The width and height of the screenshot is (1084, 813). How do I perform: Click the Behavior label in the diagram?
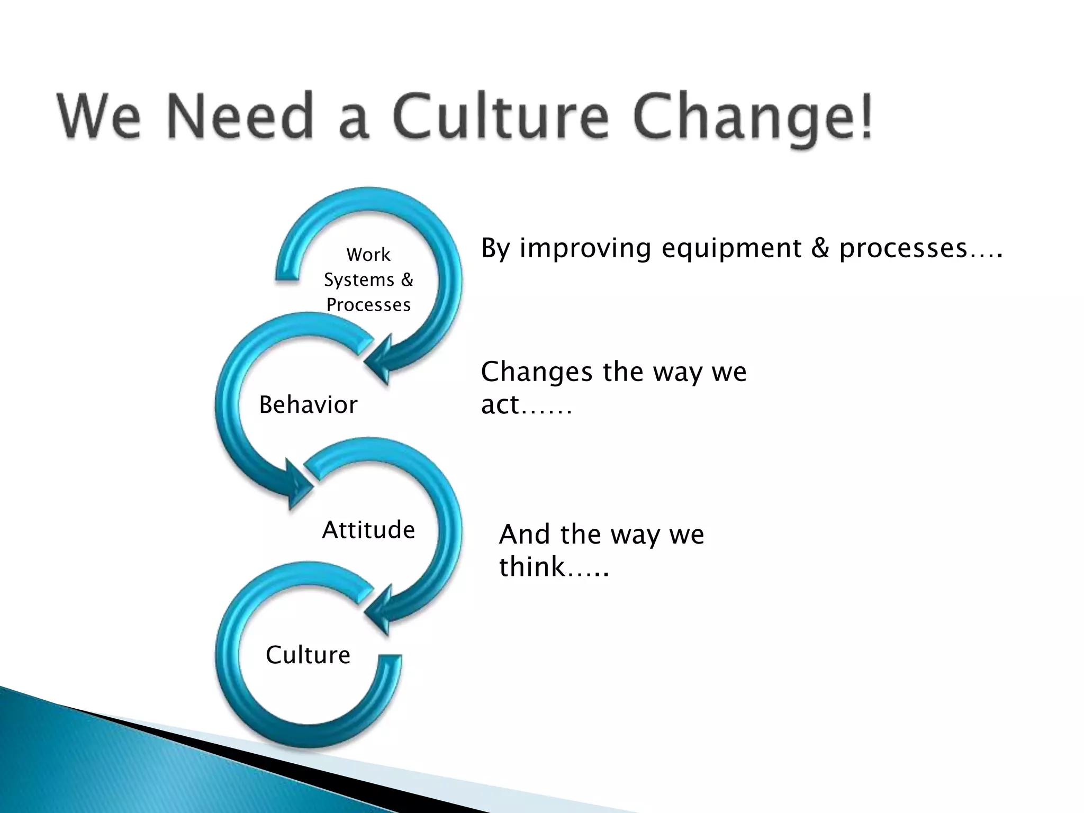[x=308, y=405]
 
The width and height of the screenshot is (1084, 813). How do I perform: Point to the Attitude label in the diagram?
[x=368, y=530]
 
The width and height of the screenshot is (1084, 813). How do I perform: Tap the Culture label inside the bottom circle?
[x=308, y=655]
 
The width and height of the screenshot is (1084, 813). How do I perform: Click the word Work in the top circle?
[x=368, y=255]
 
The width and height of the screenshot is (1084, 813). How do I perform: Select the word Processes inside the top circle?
[x=368, y=305]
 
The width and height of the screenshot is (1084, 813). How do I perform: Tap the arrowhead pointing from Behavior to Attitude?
[x=296, y=484]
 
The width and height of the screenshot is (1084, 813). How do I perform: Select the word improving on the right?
[x=585, y=249]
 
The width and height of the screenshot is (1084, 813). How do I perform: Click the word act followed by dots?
[x=500, y=405]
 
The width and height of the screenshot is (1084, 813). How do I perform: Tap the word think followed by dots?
[x=532, y=567]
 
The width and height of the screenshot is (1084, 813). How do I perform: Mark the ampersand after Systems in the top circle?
[x=406, y=279]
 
